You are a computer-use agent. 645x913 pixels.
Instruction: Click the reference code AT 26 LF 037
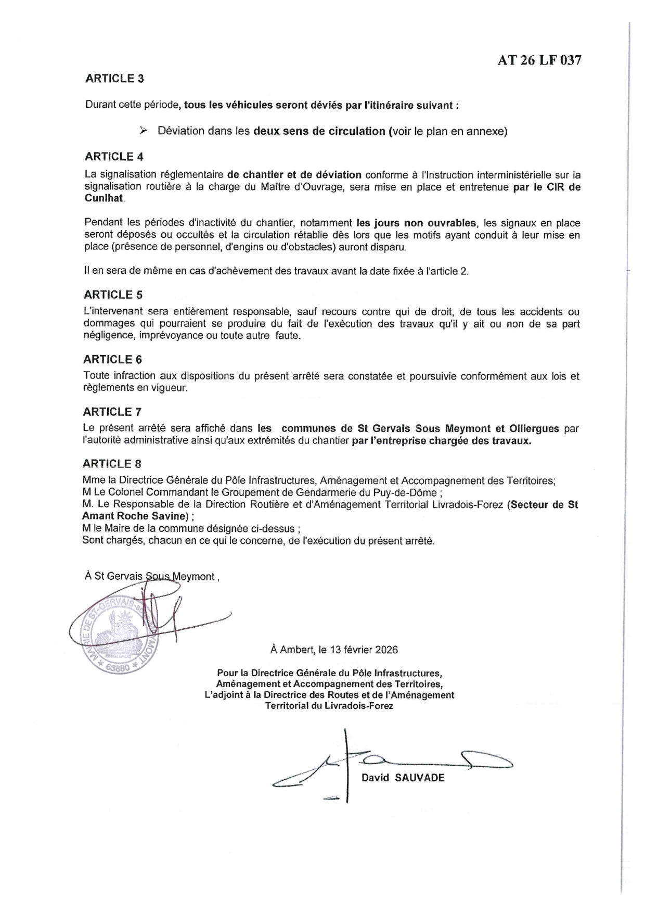(539, 60)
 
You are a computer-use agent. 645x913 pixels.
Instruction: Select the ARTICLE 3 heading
(114, 79)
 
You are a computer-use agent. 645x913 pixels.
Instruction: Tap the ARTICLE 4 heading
(114, 157)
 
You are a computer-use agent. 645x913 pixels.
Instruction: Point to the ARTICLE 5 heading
(113, 295)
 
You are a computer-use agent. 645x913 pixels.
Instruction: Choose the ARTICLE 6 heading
(112, 360)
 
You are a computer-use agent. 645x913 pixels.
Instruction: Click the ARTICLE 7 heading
(112, 412)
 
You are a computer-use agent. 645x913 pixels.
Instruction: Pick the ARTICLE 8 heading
(112, 464)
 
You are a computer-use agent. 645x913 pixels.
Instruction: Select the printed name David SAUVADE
(403, 778)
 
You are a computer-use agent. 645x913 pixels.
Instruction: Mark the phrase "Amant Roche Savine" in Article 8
(134, 516)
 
